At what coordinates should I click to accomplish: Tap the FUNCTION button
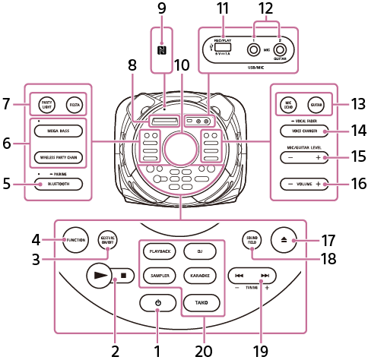pos(75,239)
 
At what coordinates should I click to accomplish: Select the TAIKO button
pos(200,303)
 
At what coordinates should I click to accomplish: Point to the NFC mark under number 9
pos(161,52)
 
